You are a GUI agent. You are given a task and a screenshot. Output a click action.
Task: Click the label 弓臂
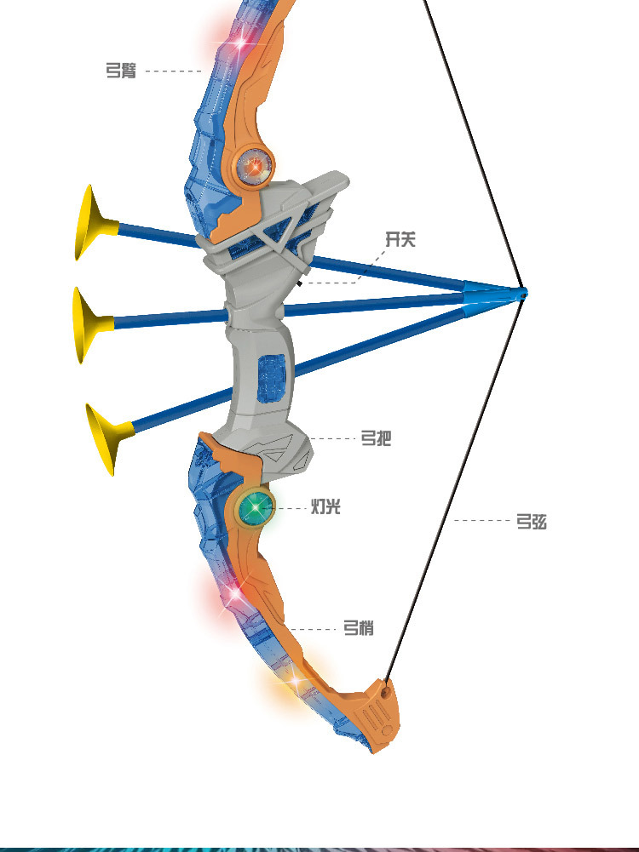[120, 71]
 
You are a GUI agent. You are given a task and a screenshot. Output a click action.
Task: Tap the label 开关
[400, 240]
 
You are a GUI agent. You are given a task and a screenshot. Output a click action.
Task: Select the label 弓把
[376, 439]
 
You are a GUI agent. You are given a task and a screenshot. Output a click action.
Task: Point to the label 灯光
[325, 508]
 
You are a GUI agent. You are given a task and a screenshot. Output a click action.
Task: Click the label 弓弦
[531, 521]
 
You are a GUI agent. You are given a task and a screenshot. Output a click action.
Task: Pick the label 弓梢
[358, 629]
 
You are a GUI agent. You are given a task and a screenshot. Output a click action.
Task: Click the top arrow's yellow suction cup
[89, 223]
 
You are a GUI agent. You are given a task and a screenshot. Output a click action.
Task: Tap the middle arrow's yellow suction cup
[85, 324]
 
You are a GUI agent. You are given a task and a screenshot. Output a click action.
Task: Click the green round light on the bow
[256, 509]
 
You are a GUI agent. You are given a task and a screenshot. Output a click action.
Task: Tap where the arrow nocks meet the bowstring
[522, 293]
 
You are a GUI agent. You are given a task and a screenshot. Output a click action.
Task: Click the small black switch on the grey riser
[301, 282]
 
